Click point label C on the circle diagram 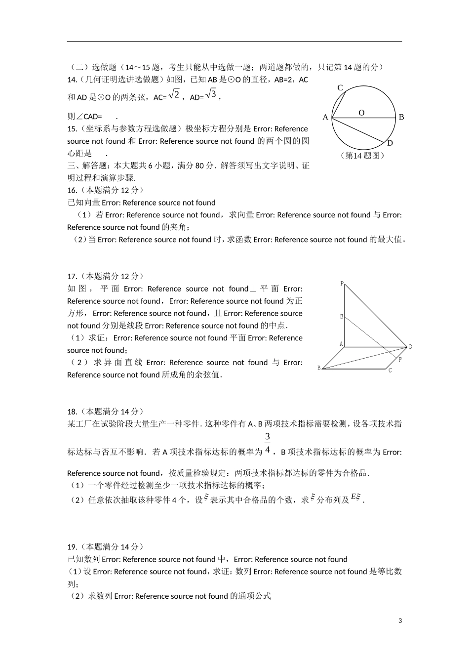340,88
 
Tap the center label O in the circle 361,113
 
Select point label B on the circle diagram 401,117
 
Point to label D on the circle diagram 390,143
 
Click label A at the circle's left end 325,117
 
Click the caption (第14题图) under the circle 362,155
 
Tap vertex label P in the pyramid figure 342,284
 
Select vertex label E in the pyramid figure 342,316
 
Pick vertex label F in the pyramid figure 400,360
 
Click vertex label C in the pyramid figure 390,370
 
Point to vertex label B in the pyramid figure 319,368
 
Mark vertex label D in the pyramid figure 410,347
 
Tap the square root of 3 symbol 211,93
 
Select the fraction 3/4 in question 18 268,443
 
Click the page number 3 400,621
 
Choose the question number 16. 72,190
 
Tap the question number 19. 72,547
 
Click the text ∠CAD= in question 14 84,117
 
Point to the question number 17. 72,277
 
